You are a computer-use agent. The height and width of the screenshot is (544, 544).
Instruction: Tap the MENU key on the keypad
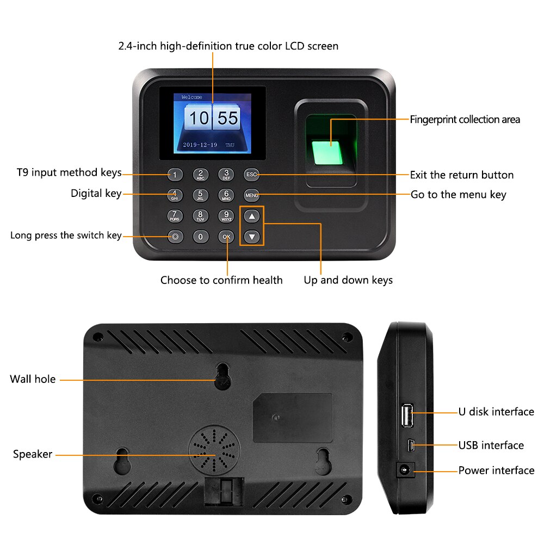[x=251, y=195]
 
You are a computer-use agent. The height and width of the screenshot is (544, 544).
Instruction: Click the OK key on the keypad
[x=226, y=237]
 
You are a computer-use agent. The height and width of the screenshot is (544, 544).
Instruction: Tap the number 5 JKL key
[x=200, y=195]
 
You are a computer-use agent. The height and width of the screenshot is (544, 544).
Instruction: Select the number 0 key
[x=201, y=237]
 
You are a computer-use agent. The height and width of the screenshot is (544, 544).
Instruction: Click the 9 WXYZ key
[x=226, y=216]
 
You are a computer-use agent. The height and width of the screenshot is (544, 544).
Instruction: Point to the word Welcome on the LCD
[x=191, y=97]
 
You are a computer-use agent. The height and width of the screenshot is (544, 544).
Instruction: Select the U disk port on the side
[x=406, y=416]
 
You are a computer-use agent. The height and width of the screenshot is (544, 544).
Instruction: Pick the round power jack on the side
[x=404, y=469]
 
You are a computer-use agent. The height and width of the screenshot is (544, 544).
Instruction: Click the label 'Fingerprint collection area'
[x=465, y=120]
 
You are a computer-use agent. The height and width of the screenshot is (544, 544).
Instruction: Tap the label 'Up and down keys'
[x=348, y=280]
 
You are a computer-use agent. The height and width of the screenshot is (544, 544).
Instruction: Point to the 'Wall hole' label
[x=33, y=379]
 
